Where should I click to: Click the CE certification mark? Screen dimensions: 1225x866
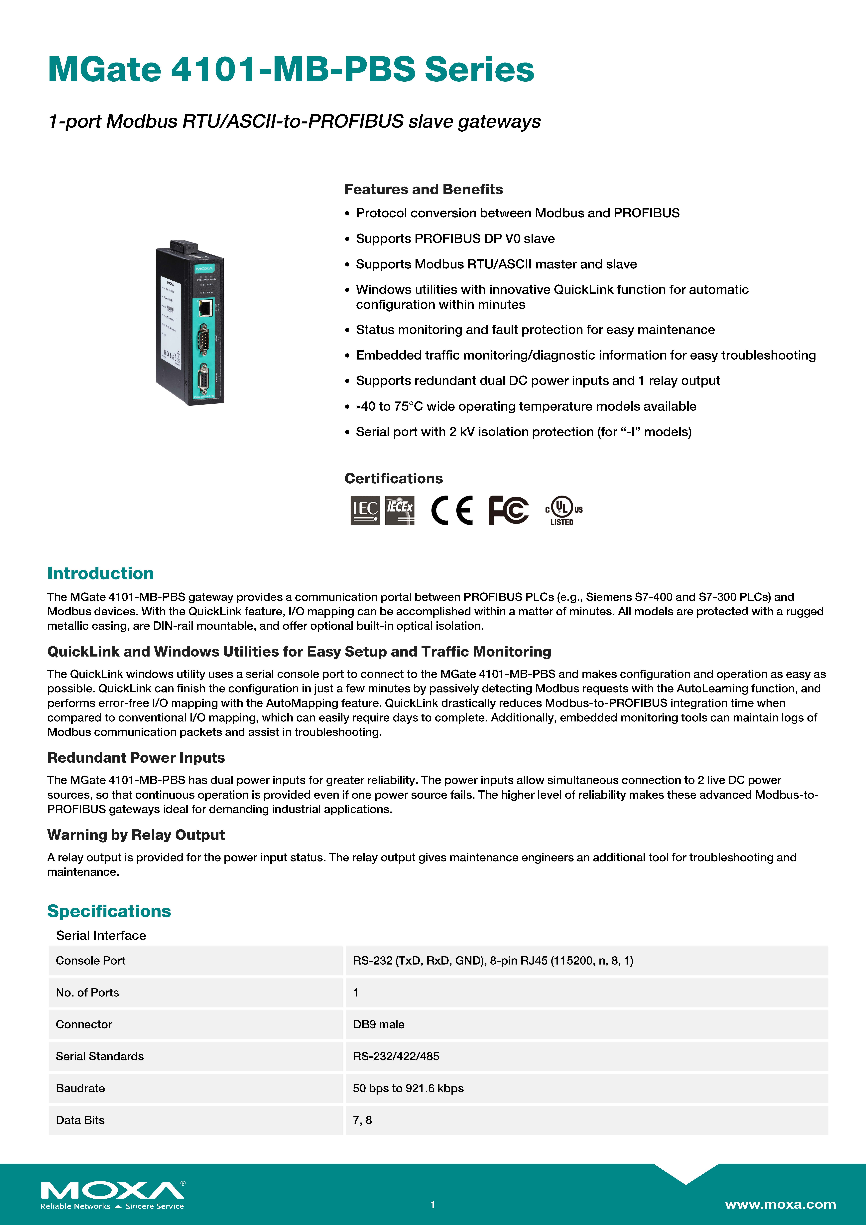pyautogui.click(x=451, y=511)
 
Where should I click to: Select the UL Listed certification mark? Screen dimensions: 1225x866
pyautogui.click(x=563, y=511)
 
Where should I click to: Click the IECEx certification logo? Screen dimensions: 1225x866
pyautogui.click(x=400, y=511)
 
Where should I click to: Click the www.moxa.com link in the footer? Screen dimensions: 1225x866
pyautogui.click(x=780, y=1204)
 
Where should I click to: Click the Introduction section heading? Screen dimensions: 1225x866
pyautogui.click(x=100, y=574)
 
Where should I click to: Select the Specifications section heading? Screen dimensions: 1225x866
pyautogui.click(x=109, y=911)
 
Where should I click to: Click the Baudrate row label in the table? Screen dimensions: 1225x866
pyautogui.click(x=81, y=1088)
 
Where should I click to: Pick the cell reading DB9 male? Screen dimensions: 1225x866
pyautogui.click(x=379, y=1024)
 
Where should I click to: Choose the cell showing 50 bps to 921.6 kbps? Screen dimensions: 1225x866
pyautogui.click(x=408, y=1088)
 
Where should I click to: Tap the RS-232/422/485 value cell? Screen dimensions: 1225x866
pyautogui.click(x=396, y=1056)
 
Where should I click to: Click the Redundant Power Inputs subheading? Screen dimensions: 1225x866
pyautogui.click(x=136, y=758)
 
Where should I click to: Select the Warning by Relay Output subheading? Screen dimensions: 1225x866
pyautogui.click(x=136, y=835)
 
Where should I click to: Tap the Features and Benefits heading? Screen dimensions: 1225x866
pyautogui.click(x=423, y=189)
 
